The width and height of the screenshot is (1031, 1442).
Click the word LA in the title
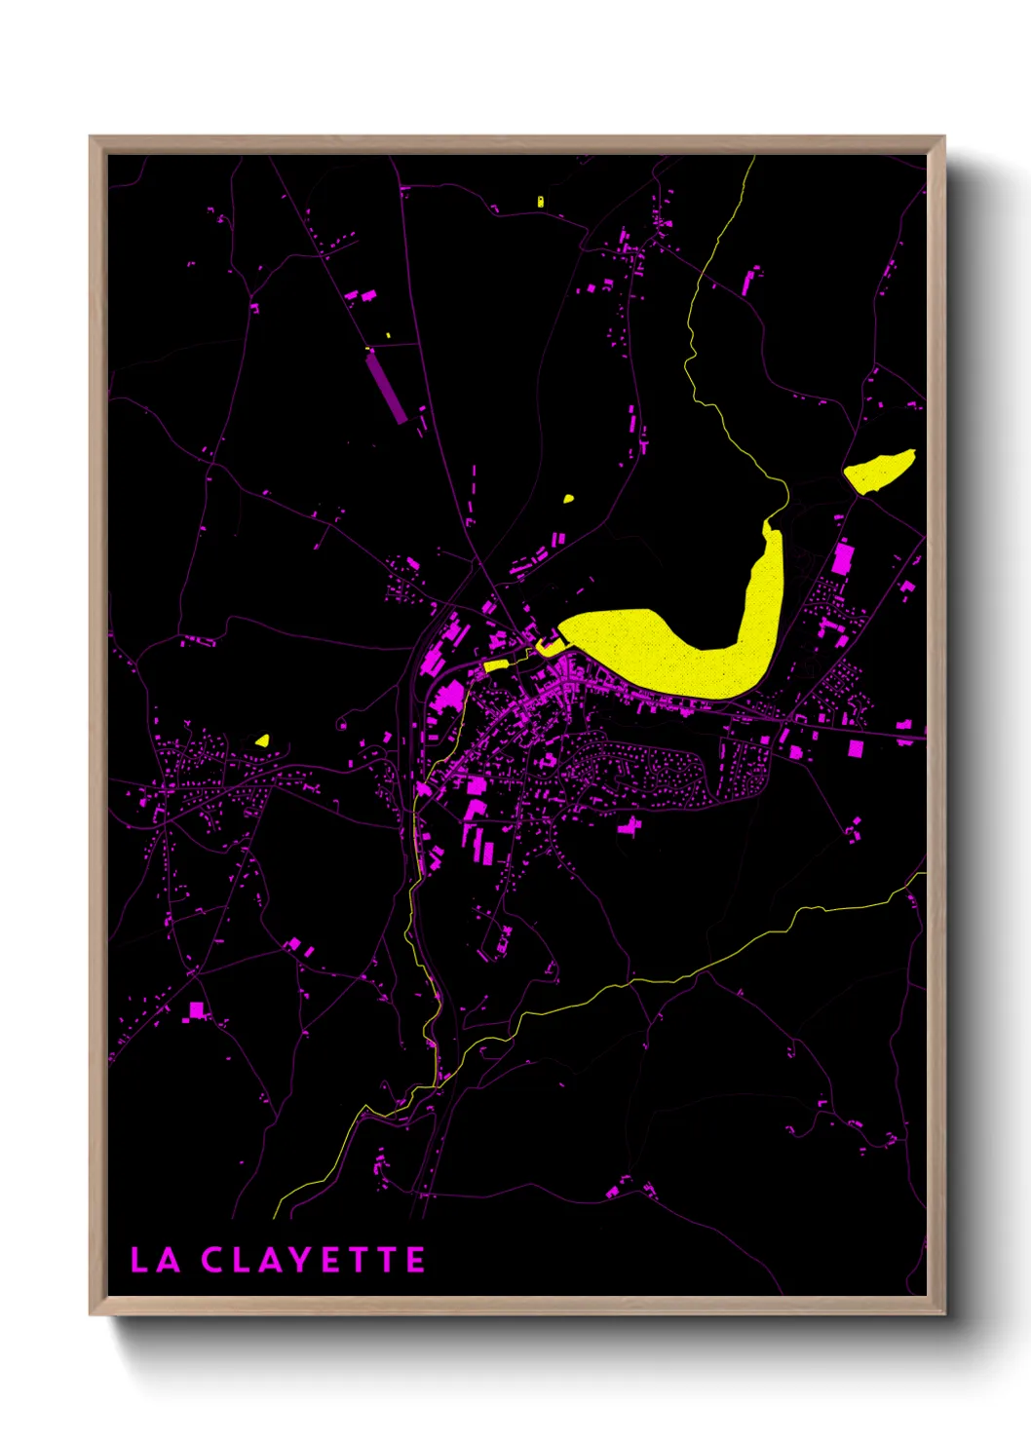(x=156, y=1260)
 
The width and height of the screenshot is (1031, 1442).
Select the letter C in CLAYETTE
(x=212, y=1260)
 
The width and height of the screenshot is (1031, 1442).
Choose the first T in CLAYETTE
(x=360, y=1260)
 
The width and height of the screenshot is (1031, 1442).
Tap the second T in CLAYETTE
(x=388, y=1260)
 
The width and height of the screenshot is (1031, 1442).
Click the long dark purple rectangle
(x=386, y=387)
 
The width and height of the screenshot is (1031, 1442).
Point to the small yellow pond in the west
(x=261, y=740)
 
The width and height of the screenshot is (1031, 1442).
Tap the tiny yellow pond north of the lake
(x=568, y=499)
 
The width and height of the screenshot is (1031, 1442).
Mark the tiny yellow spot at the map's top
(x=541, y=202)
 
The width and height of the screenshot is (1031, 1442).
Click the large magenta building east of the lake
(x=842, y=558)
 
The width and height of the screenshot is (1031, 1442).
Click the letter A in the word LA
(x=169, y=1260)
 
